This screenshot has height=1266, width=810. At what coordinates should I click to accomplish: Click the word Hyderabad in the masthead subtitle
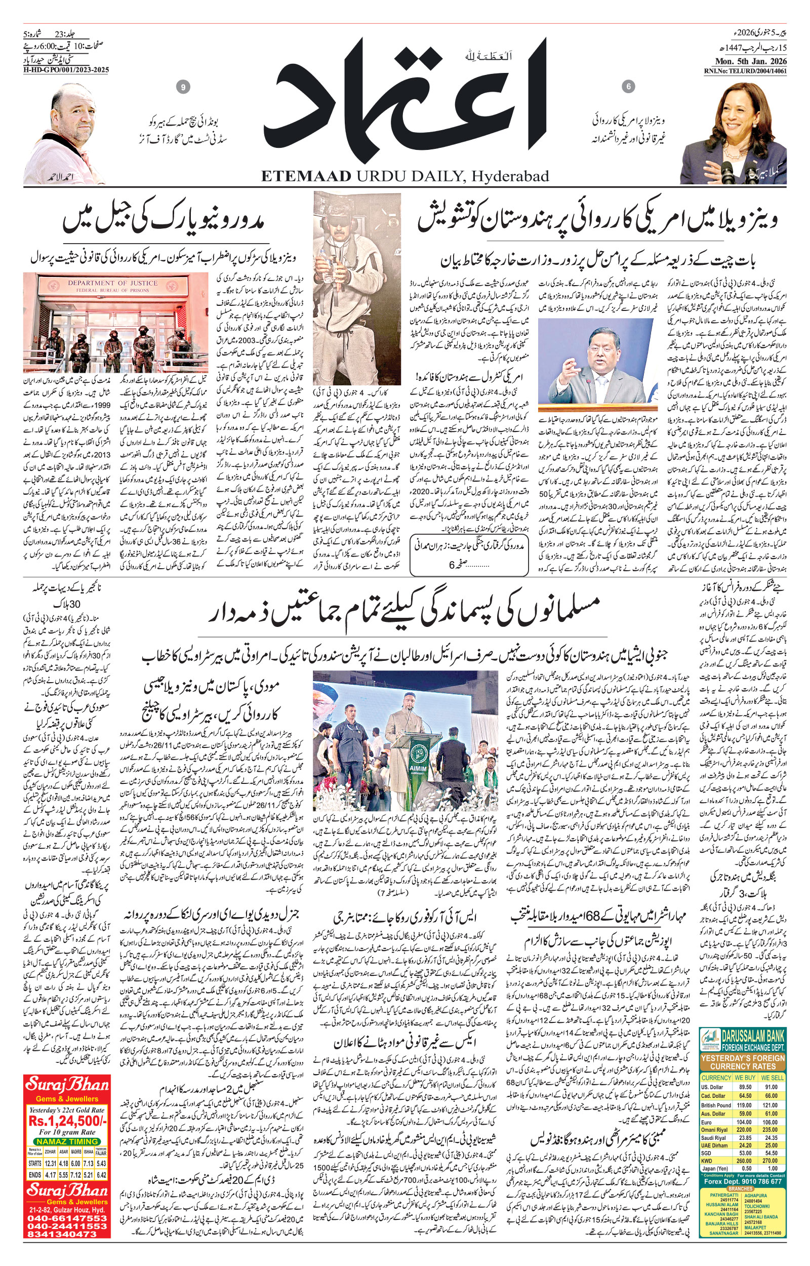click(x=510, y=176)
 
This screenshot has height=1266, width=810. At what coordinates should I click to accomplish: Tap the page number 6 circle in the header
click(x=628, y=86)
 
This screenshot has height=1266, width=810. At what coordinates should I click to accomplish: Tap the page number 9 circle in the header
click(x=183, y=87)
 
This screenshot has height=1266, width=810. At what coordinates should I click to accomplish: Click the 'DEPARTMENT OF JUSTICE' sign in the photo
click(x=112, y=283)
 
